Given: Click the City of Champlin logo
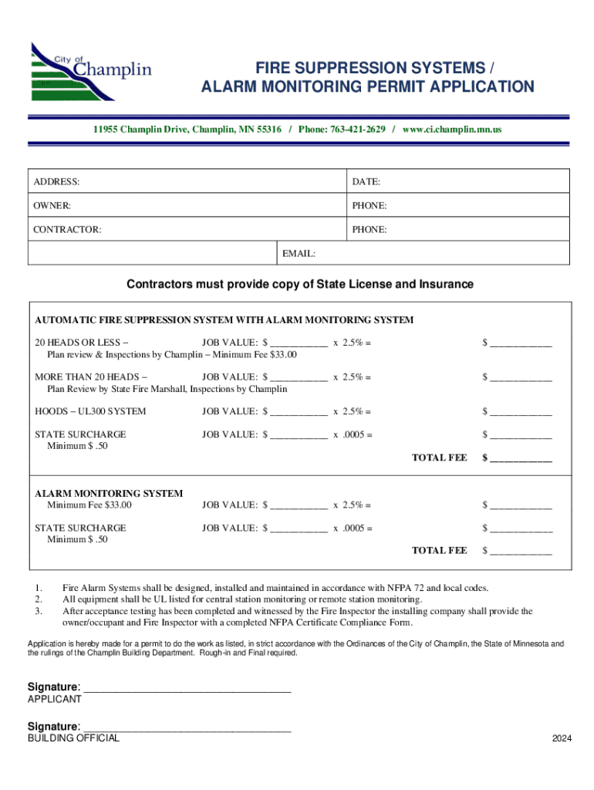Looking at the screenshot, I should pyautogui.click(x=90, y=71).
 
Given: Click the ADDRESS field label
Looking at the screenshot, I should pyautogui.click(x=56, y=182).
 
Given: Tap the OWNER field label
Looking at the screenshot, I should pyautogui.click(x=52, y=206).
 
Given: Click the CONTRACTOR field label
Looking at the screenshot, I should pyautogui.click(x=66, y=230).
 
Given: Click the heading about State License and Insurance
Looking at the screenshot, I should pyautogui.click(x=299, y=285).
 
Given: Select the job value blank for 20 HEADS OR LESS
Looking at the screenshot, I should pyautogui.click(x=298, y=343).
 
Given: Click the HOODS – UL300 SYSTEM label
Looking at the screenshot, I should pyautogui.click(x=90, y=411).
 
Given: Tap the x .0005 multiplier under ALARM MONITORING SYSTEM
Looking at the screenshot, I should pyautogui.click(x=353, y=528).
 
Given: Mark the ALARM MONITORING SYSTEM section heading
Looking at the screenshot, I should pyautogui.click(x=109, y=493).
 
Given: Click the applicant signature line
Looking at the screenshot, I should pyautogui.click(x=187, y=688).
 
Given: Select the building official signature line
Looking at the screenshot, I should pyautogui.click(x=187, y=728).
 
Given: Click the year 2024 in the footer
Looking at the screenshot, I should pyautogui.click(x=562, y=739).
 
